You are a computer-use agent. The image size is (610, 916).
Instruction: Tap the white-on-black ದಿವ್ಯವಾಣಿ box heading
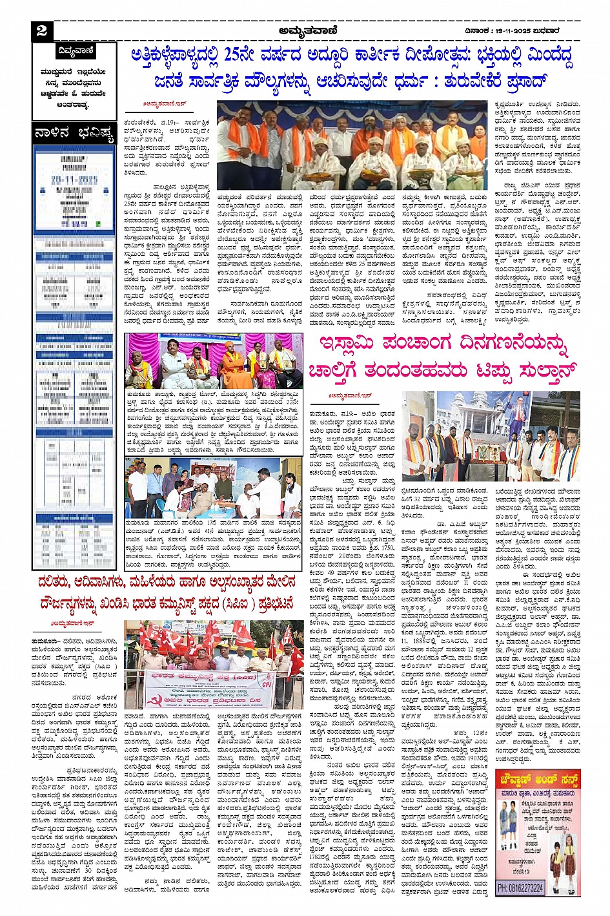(x=75, y=51)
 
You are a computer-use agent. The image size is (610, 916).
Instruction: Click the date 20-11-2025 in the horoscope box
(x=74, y=177)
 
